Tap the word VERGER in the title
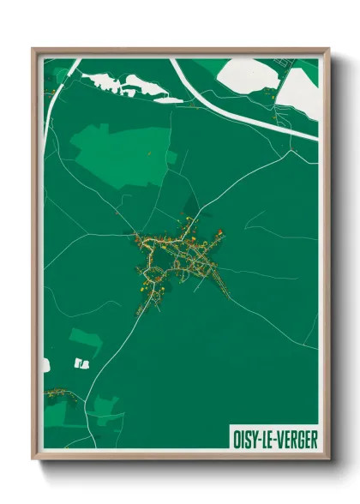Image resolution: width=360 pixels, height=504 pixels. pos(297,440)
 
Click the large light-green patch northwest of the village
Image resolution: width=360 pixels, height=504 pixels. pos(120,146)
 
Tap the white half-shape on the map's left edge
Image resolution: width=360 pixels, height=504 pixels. pos(46,365)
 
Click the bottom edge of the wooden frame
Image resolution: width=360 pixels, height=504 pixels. pos(180,463)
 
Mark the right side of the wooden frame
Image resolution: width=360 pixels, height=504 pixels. pos(325,257)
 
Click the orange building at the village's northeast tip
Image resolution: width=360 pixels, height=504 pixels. pos(220,231)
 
